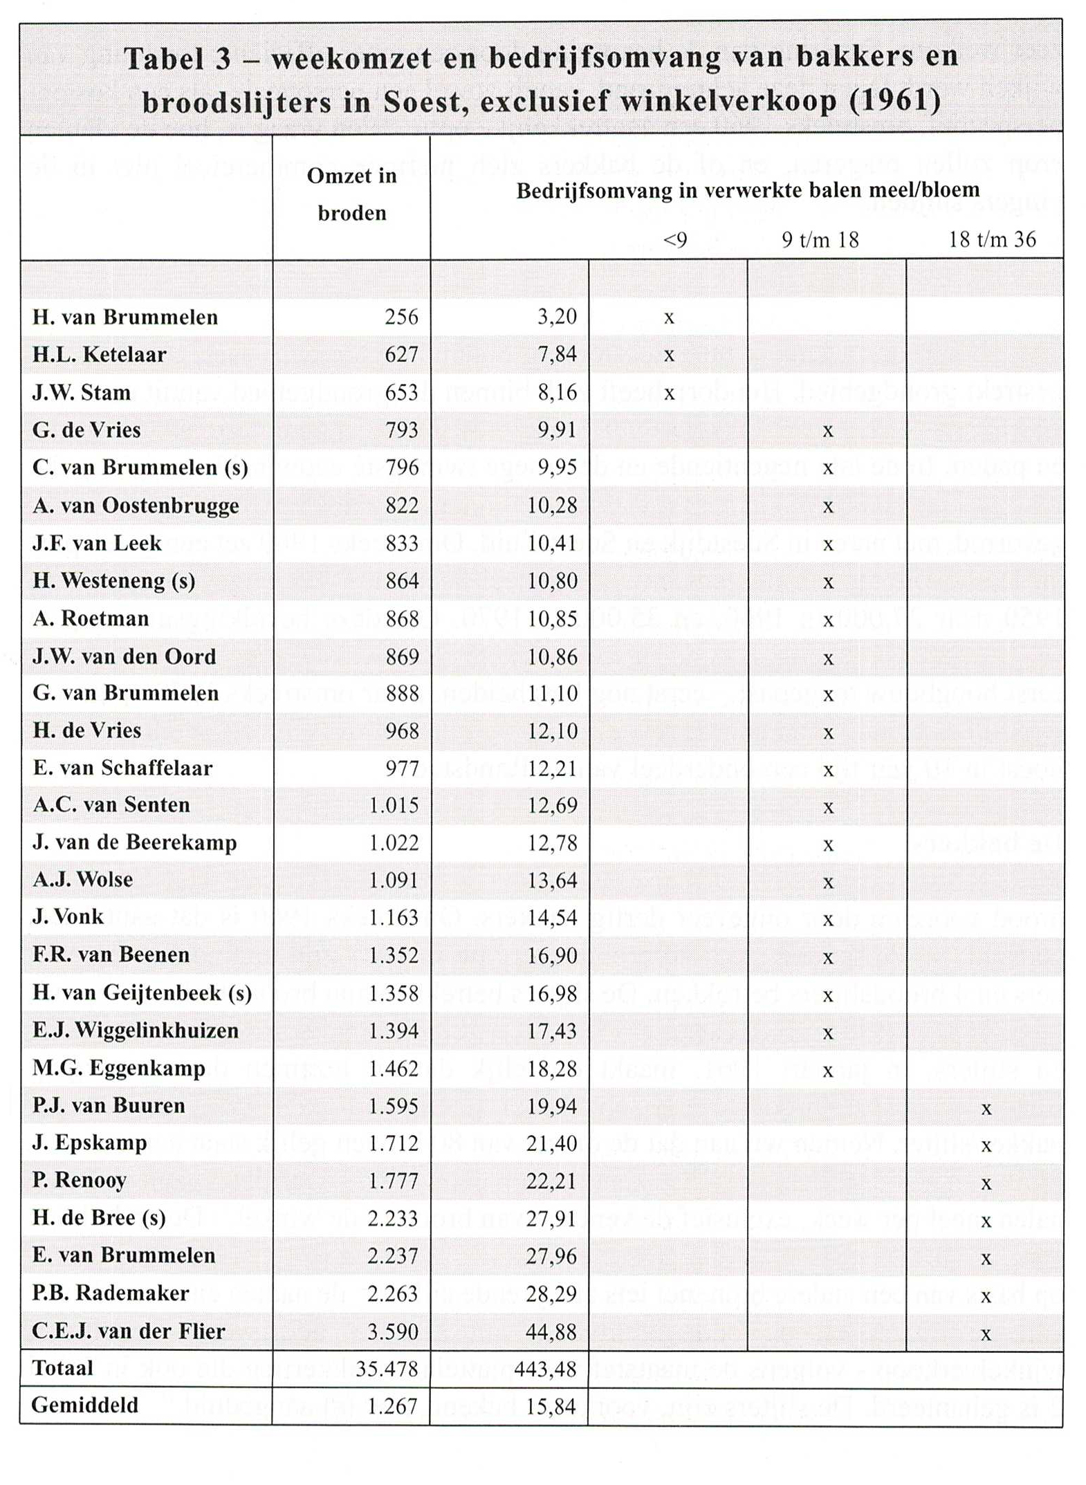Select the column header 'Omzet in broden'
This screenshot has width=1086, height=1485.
[351, 194]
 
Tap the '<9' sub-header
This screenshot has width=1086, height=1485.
[674, 240]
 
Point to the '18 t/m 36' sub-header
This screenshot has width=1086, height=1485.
[991, 240]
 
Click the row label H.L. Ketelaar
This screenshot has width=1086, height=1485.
[99, 355]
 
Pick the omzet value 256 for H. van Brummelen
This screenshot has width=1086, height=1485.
[401, 317]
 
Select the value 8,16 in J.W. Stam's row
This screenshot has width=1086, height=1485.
[557, 392]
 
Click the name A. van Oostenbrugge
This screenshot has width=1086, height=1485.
[136, 506]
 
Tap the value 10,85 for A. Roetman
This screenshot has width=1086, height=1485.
[552, 618]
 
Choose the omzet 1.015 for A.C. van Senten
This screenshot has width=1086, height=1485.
[394, 805]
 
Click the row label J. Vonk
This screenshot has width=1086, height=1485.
[68, 917]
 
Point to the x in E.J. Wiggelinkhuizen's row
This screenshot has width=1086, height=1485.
[827, 1033]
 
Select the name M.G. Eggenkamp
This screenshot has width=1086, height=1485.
[118, 1069]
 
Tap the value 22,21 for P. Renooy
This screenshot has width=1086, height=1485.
[551, 1181]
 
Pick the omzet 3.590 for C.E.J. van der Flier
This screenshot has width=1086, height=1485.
[392, 1331]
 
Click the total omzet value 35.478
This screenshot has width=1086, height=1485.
[387, 1369]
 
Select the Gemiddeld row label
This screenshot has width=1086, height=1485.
[84, 1405]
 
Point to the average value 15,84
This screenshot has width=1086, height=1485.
[551, 1406]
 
